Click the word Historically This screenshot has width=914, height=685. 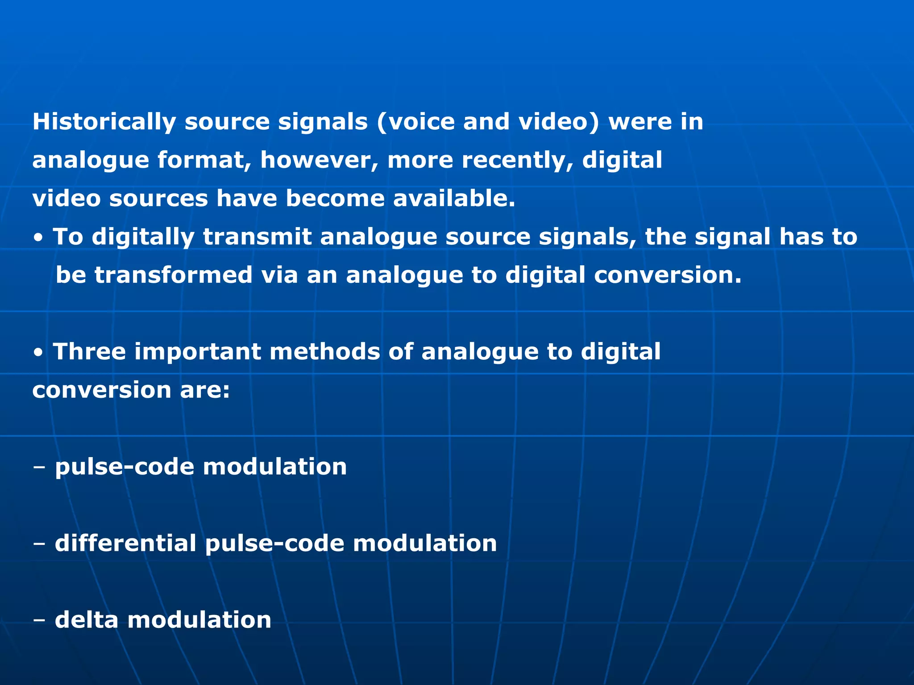point(104,122)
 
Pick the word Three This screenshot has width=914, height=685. point(89,351)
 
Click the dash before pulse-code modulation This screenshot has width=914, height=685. point(39,467)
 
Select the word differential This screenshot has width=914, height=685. point(125,543)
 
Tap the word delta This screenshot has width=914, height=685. point(87,620)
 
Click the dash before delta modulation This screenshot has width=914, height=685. point(39,621)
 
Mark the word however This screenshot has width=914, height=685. point(319,160)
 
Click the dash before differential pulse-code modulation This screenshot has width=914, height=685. point(39,544)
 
